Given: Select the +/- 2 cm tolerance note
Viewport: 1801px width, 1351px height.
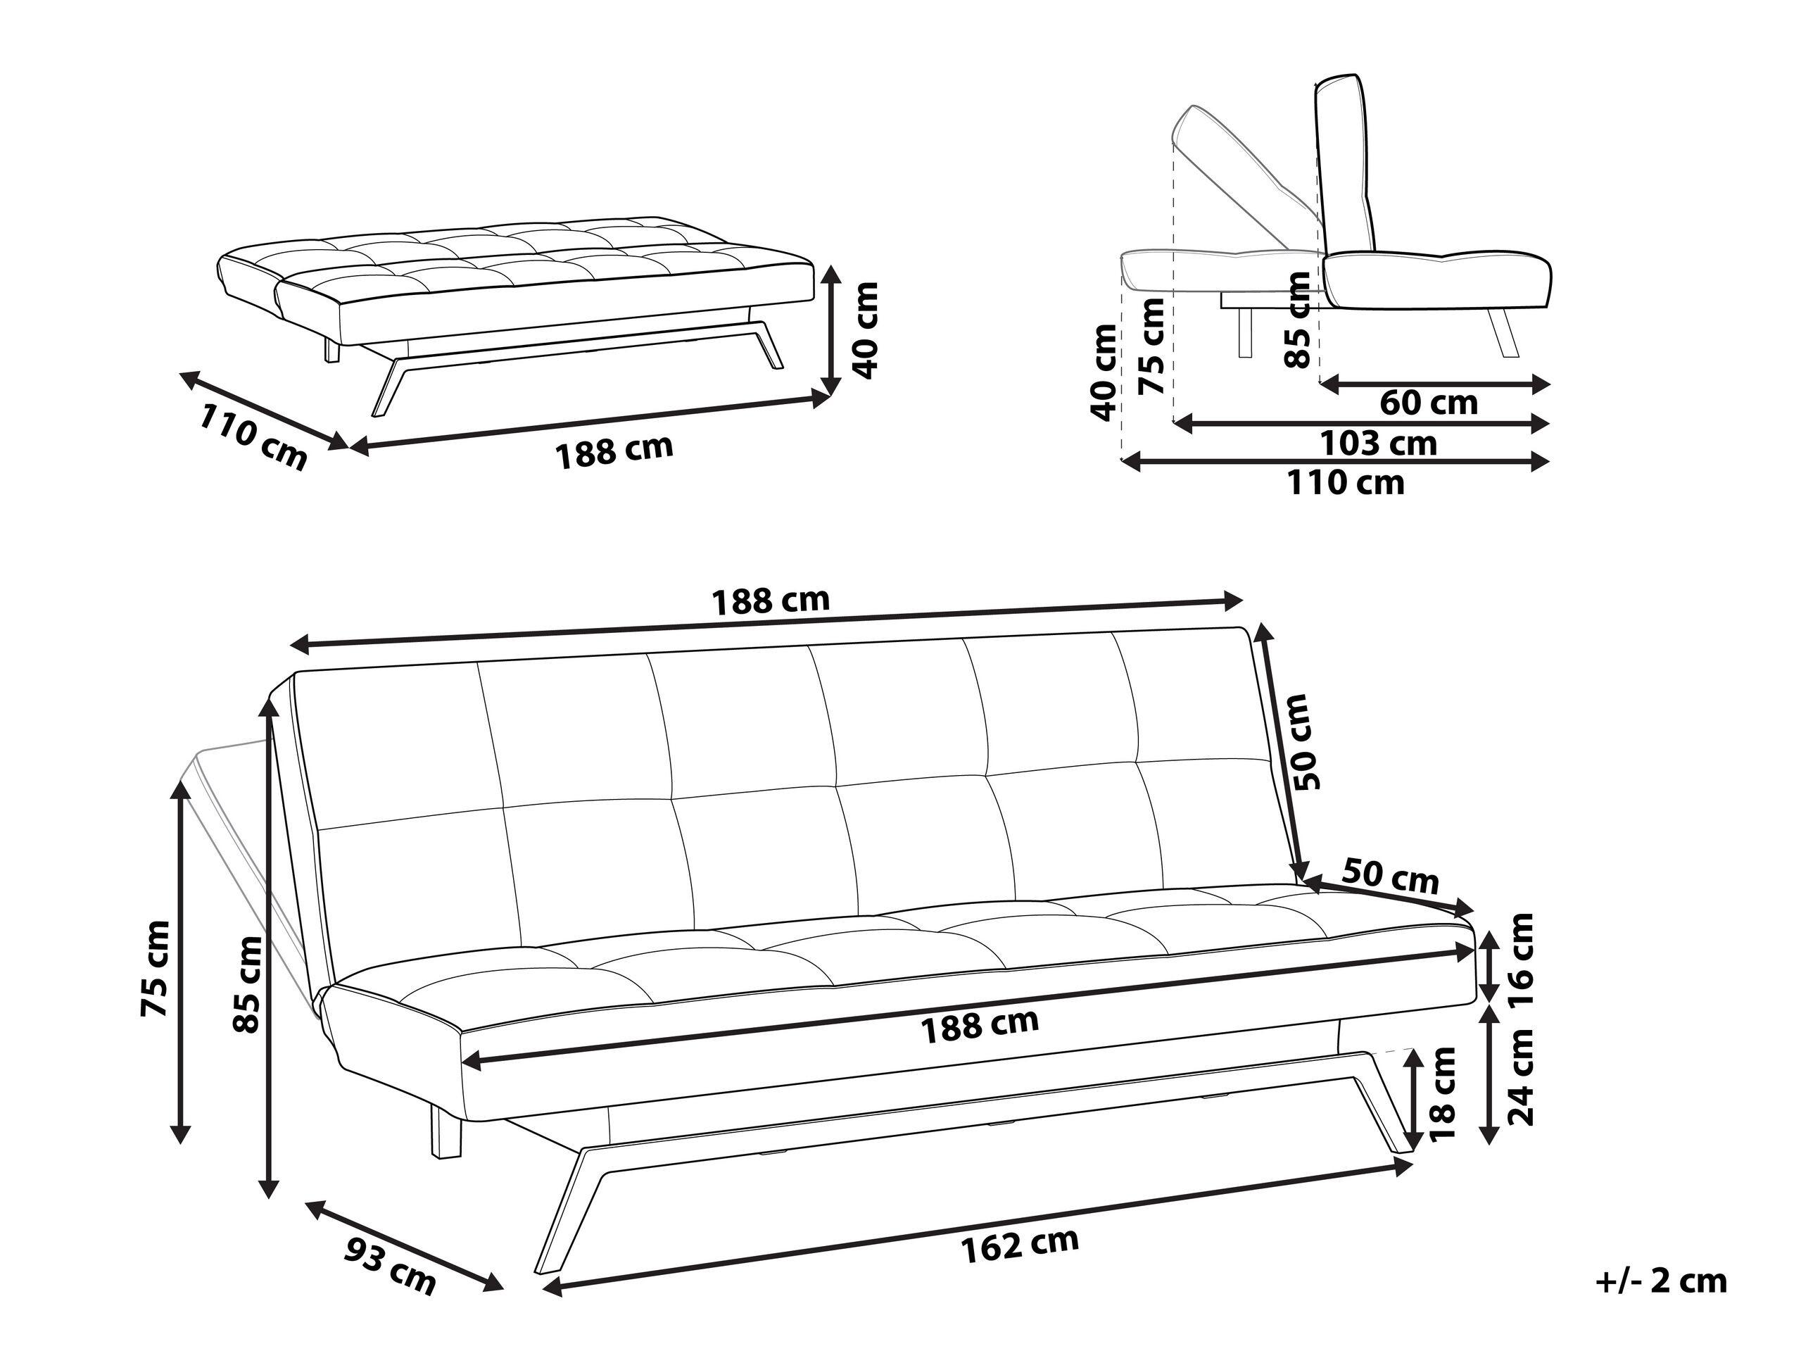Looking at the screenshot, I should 1661,1281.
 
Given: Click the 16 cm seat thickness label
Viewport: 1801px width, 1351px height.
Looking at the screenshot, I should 1519,962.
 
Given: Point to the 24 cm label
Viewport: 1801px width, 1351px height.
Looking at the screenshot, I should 1519,1077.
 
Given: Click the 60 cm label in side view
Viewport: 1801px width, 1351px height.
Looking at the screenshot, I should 1428,402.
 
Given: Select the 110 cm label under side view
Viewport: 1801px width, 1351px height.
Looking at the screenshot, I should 1345,483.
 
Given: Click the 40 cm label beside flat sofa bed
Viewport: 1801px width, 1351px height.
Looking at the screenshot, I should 866,329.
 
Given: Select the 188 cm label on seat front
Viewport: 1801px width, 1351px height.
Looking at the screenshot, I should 979,1026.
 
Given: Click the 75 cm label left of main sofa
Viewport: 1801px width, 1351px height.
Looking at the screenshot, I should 155,968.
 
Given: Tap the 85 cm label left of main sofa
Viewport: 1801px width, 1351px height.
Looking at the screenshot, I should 247,984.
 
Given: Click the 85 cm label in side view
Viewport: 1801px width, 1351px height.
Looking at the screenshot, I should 1296,319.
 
